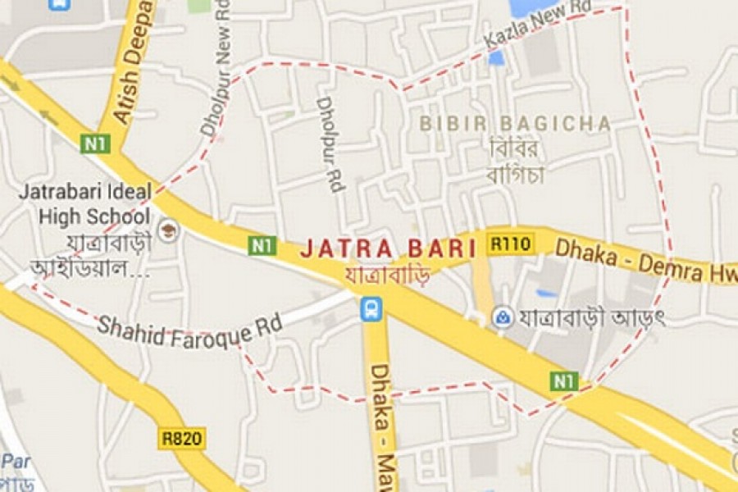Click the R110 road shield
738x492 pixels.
[x=511, y=244]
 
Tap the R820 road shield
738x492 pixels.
[x=181, y=439]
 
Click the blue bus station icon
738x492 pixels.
[x=371, y=308]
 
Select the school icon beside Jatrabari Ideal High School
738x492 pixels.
[x=169, y=230]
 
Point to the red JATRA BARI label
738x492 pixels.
[x=388, y=248]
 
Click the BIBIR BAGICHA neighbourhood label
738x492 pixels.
[x=515, y=124]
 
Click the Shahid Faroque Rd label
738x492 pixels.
[x=189, y=326]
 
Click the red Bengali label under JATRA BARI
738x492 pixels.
[x=388, y=275]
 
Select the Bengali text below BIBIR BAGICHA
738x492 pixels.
[x=516, y=162]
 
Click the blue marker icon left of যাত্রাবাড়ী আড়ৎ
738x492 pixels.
[x=502, y=317]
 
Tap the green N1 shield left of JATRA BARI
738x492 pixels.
[x=262, y=245]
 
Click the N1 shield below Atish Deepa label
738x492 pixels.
[x=95, y=143]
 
